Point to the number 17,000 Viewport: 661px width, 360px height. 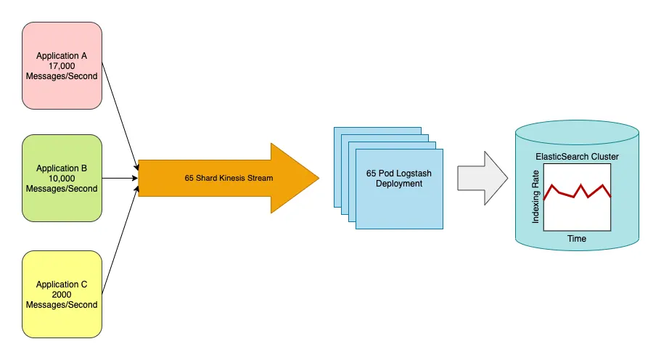coord(62,65)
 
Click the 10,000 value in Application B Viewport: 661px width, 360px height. coord(62,179)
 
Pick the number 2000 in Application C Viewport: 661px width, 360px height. coord(62,295)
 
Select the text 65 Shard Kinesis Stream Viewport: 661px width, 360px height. coord(229,179)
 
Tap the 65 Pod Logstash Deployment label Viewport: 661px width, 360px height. coord(399,179)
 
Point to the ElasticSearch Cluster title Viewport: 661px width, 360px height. coord(577,157)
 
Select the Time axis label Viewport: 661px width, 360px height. coord(577,239)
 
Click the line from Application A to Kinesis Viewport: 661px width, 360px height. coord(119,116)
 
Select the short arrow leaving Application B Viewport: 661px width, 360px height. coord(120,178)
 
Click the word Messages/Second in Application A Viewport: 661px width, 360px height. coord(62,75)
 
